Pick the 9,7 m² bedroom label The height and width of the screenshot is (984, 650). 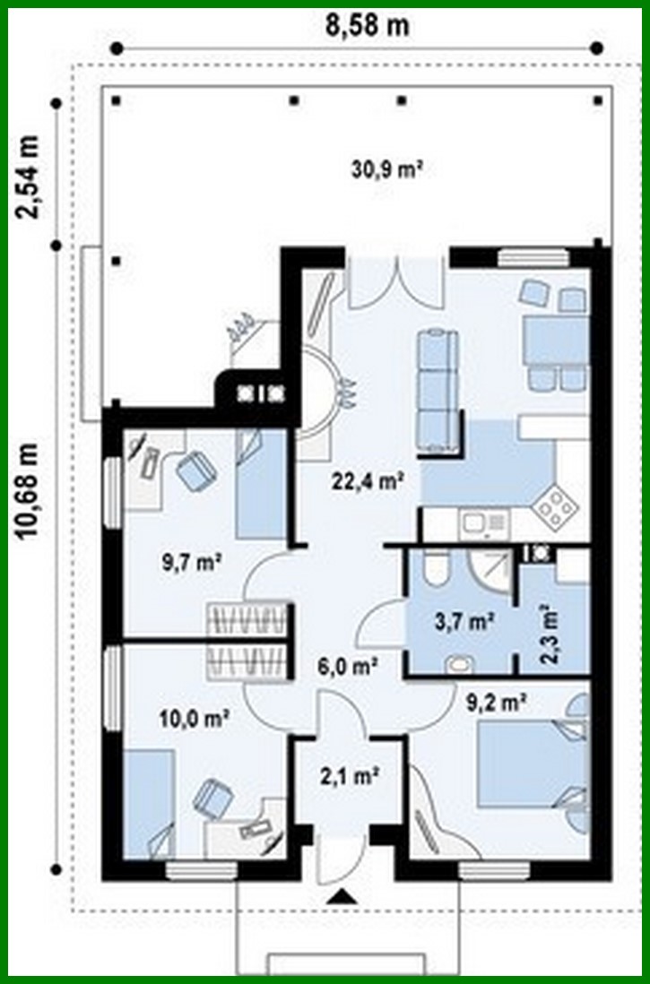click(x=192, y=562)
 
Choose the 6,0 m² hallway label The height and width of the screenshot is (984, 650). click(x=346, y=666)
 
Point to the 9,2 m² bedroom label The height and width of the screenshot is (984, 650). click(x=495, y=703)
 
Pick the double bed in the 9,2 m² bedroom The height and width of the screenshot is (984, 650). click(x=529, y=766)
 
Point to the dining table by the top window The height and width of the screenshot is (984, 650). click(x=555, y=341)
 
